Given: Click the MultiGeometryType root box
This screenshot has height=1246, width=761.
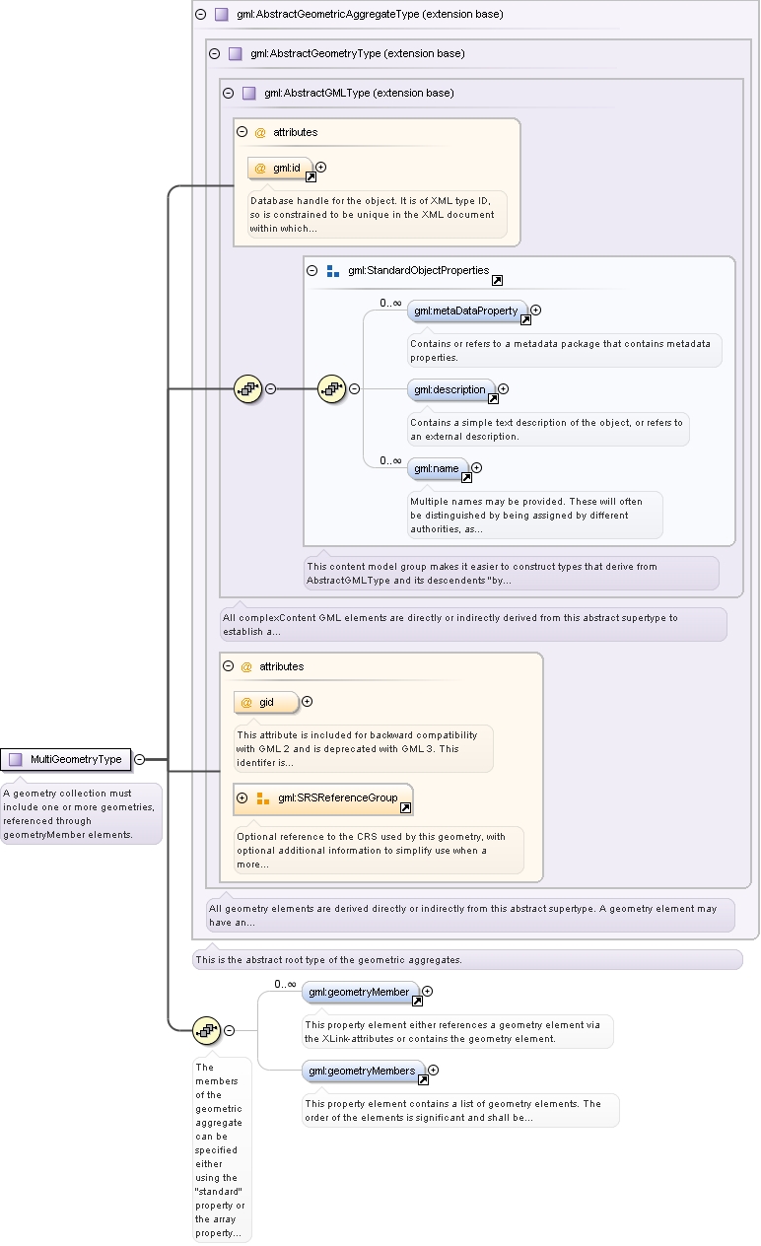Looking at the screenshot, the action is coord(66,759).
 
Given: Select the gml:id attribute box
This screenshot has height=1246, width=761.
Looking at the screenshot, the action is coord(280,168).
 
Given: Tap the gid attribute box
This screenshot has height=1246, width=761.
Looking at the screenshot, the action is coord(266,702).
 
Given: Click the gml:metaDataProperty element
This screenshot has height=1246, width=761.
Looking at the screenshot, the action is coord(466,311).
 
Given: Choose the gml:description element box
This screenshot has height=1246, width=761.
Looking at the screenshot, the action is coord(450,390).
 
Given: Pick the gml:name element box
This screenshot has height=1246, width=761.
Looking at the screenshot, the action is coord(438,469).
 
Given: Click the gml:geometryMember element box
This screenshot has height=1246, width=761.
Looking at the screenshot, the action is coord(360,993).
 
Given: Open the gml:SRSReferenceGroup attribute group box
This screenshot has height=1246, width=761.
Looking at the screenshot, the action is coord(323,798).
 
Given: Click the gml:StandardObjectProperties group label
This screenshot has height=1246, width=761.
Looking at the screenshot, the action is coord(418,270).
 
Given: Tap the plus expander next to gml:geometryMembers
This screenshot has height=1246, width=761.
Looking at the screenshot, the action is coord(434,1071).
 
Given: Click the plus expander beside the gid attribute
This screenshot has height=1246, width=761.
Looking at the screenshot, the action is coord(308,702).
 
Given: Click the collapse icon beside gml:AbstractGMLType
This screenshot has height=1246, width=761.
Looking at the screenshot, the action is coord(228,93).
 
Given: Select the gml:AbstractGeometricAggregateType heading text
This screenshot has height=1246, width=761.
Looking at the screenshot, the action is coord(370,14).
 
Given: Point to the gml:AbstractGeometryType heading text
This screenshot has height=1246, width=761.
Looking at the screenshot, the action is coord(358,53).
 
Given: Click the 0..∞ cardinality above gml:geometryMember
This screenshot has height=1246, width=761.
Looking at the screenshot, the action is coord(285,984).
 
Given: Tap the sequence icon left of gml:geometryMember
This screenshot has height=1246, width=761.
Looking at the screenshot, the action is coord(206,1030).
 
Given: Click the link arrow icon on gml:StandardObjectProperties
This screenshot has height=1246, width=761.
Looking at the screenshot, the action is coord(498,280).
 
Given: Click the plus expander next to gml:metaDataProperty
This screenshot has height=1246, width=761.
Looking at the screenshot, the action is coord(535,310).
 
